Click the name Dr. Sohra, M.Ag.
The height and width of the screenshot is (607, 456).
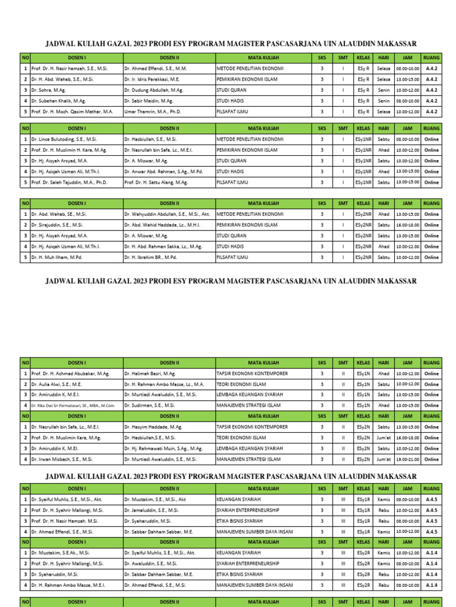49,90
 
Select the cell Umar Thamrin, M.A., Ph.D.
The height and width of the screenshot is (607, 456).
152,111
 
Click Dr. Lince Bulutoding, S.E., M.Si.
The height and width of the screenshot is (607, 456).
64,139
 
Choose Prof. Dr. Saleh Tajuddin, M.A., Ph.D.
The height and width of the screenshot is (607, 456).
69,183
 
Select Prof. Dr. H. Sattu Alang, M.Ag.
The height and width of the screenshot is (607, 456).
156,183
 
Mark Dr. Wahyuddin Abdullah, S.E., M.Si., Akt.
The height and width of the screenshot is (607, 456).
167,214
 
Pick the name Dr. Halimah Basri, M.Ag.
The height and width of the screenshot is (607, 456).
150,373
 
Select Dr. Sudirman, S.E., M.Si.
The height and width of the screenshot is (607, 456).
149,405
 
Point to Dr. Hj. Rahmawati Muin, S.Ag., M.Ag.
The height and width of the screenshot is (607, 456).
163,448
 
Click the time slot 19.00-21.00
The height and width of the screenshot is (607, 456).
407,459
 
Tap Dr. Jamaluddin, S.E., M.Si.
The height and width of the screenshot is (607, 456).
151,510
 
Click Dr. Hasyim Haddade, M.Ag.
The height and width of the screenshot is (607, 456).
151,427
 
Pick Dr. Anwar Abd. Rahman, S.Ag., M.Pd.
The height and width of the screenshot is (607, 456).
163,171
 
